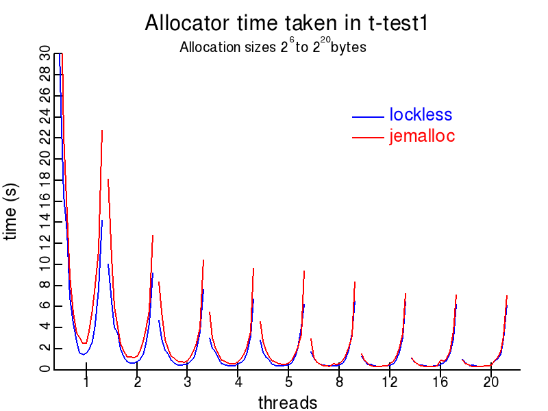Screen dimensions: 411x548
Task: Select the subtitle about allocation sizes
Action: [x=273, y=48]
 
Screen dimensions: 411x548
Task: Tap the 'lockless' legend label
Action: [x=421, y=115]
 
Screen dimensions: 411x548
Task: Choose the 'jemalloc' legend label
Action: [x=422, y=136]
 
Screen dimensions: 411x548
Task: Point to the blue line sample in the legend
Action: [x=367, y=116]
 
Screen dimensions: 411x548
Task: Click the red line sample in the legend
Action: [x=367, y=138]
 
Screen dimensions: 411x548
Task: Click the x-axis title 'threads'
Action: [x=288, y=403]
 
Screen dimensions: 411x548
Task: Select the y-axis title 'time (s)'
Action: [x=12, y=212]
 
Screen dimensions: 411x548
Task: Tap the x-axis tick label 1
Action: [x=86, y=382]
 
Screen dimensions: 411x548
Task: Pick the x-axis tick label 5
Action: [x=288, y=382]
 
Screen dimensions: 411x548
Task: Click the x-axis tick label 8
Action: [x=339, y=382]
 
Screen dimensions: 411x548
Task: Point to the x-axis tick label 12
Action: [x=390, y=382]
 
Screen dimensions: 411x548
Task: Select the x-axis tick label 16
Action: [x=440, y=382]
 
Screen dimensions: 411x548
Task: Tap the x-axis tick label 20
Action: [x=490, y=382]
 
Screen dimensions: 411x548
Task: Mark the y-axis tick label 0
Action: [x=45, y=369]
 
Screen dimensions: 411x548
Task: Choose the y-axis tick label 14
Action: [x=45, y=222]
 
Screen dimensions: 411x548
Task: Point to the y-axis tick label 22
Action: [x=45, y=138]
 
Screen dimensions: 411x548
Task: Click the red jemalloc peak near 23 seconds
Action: [x=102, y=131]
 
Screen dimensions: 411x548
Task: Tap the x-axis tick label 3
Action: [x=188, y=382]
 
